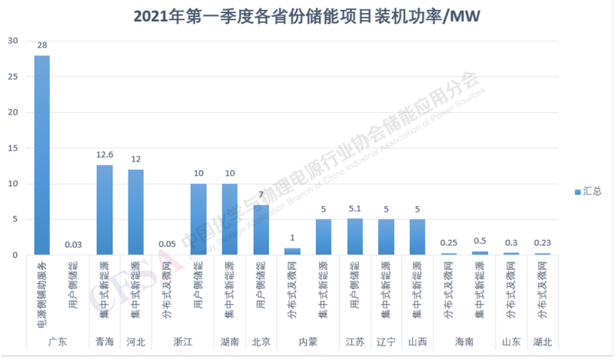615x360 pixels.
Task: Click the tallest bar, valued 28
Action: coord(42,155)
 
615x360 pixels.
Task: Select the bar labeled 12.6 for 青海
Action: coord(105,209)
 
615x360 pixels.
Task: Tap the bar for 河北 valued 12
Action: coord(135,212)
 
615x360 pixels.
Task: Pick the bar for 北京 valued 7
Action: coord(261,229)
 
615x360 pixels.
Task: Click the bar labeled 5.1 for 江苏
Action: coord(354,236)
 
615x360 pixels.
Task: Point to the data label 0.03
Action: coord(73,245)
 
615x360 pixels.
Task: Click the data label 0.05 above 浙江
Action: coord(167,244)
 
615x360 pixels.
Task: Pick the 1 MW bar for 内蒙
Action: coord(292,251)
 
